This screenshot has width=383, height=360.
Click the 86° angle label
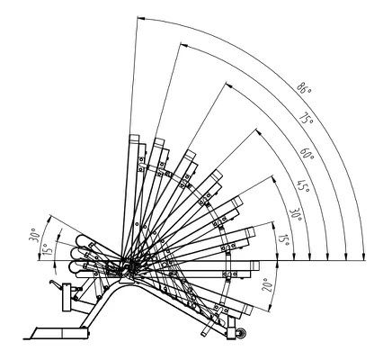coord(304,87)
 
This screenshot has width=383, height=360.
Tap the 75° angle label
coord(307,118)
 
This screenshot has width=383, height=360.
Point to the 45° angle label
coord(303,186)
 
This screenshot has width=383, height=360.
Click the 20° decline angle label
coord(267,284)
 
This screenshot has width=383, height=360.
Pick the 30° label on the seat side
coord(34,234)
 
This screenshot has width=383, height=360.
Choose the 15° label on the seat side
coord(48,247)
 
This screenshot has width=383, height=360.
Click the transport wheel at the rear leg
coord(241,334)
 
